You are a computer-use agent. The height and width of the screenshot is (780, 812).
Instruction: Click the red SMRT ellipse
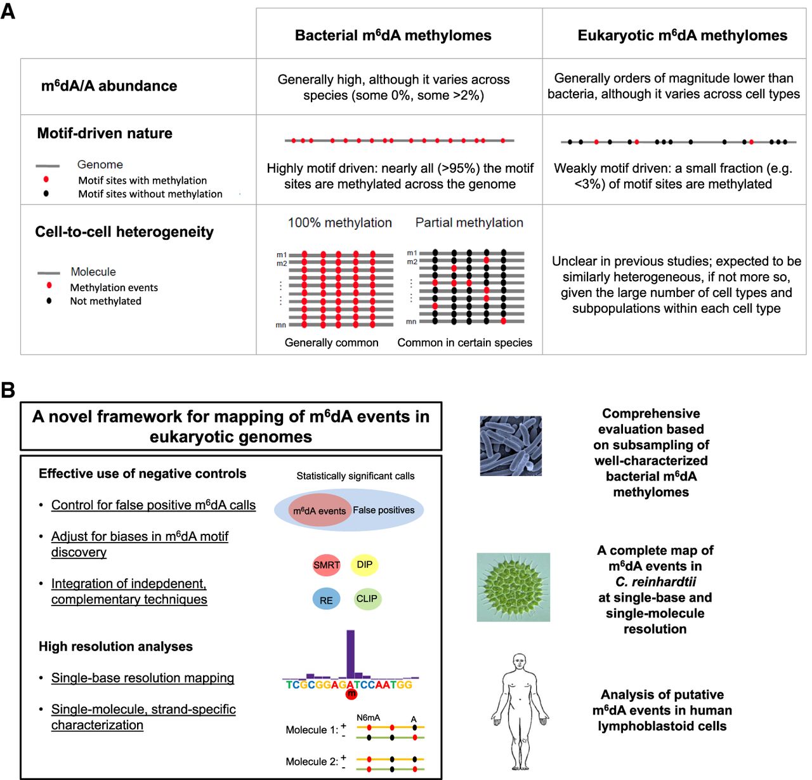click(x=326, y=564)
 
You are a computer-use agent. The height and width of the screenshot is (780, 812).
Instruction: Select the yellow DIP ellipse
click(x=364, y=564)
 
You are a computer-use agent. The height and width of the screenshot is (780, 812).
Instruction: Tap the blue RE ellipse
click(x=326, y=599)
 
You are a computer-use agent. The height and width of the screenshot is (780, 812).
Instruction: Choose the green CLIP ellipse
click(x=367, y=598)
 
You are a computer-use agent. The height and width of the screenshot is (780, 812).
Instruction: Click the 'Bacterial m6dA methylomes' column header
click(x=393, y=36)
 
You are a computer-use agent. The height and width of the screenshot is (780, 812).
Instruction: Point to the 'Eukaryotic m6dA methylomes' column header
click(x=682, y=36)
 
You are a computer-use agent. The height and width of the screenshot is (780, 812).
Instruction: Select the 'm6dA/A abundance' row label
click(x=109, y=86)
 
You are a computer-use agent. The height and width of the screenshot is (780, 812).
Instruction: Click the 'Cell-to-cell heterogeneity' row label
click(x=124, y=232)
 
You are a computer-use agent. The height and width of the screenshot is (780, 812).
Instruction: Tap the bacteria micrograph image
click(x=511, y=446)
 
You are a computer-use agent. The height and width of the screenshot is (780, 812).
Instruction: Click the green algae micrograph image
click(x=513, y=587)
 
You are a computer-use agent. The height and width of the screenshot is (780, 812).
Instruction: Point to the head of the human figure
click(x=520, y=661)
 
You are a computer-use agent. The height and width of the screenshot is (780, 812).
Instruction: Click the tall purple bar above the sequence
click(x=350, y=653)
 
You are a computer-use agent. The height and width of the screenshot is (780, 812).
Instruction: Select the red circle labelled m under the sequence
click(x=351, y=694)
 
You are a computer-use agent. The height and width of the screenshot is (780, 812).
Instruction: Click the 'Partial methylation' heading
click(x=469, y=223)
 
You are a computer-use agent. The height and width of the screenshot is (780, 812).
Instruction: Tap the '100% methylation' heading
click(x=339, y=223)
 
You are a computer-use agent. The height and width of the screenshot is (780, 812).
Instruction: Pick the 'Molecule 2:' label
click(x=311, y=761)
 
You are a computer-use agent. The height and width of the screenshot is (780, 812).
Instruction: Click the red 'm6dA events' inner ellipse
click(x=319, y=510)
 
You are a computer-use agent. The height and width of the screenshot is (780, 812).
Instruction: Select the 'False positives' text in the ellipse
click(x=383, y=510)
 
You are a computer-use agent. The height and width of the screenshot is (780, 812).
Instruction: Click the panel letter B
click(x=8, y=389)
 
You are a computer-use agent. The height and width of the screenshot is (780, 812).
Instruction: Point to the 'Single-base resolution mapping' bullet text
click(x=143, y=678)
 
